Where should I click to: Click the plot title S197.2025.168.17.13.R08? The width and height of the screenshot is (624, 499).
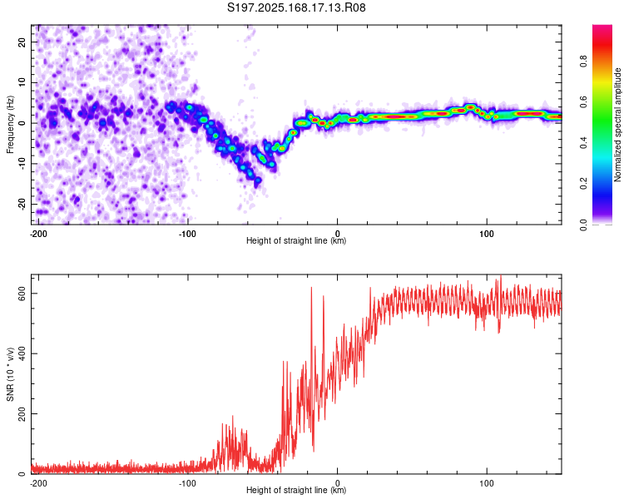(x=296, y=7)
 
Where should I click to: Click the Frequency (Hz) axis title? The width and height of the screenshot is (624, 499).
(x=10, y=125)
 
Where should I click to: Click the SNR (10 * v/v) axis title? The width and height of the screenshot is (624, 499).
(x=10, y=374)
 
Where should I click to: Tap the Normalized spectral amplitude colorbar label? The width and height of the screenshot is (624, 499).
(x=617, y=125)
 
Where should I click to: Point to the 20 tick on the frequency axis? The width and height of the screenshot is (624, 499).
(x=22, y=42)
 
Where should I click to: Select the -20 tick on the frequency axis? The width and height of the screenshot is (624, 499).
(x=22, y=204)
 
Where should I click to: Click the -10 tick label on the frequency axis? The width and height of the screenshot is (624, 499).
(x=22, y=164)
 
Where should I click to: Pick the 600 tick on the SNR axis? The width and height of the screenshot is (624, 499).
(x=22, y=294)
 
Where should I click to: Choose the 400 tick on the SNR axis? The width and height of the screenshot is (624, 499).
(x=22, y=353)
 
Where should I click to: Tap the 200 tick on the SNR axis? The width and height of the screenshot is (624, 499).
(x=22, y=414)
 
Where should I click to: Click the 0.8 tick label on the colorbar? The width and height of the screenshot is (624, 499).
(x=583, y=62)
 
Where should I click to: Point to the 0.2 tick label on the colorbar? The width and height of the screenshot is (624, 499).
(x=583, y=184)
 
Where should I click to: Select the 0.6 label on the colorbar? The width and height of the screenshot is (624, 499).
(x=583, y=102)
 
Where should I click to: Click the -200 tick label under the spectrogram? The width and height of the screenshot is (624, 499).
(x=38, y=234)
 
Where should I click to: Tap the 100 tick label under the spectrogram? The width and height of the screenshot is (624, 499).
(x=487, y=234)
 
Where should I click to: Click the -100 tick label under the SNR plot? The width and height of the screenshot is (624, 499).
(x=187, y=483)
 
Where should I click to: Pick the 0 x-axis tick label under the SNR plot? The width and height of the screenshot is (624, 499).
(x=338, y=483)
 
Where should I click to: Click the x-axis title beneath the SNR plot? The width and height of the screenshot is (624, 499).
(x=296, y=490)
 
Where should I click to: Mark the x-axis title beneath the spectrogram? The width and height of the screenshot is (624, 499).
(x=296, y=240)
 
